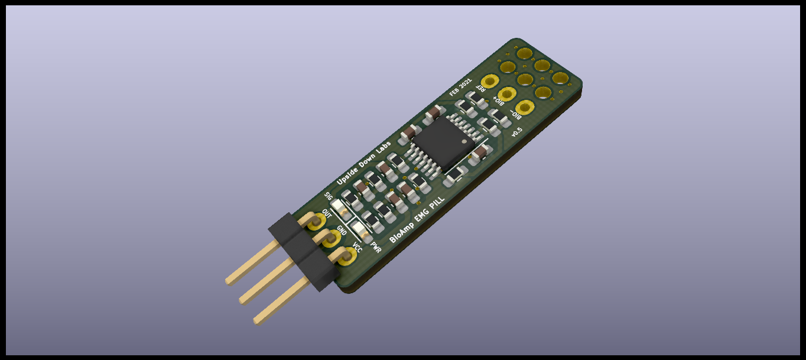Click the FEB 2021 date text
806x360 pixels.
(460, 87)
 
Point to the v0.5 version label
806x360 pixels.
(516, 132)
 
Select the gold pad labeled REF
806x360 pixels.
(490, 82)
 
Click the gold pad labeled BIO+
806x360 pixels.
(507, 95)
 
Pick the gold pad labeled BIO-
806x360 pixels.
(525, 108)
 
